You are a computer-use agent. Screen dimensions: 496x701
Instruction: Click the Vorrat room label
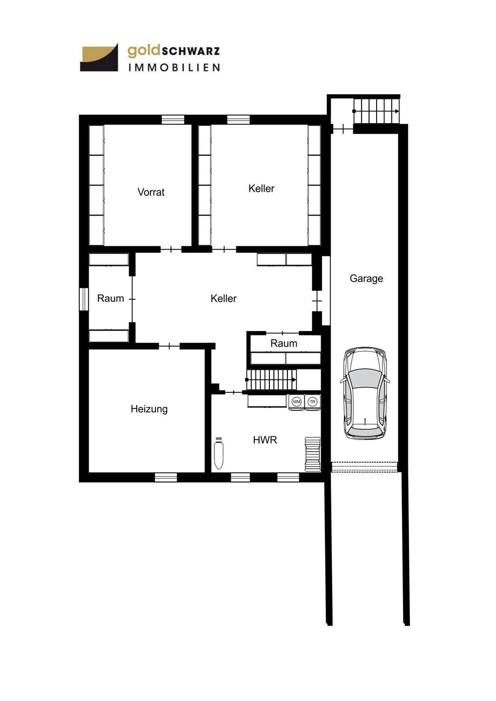coord(151,192)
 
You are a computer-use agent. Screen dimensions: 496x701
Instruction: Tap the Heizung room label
coord(149,409)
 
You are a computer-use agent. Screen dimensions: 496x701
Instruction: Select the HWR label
coord(265,440)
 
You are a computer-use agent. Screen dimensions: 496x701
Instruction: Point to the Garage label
coord(366,278)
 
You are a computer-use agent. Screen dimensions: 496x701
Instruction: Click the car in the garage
coord(365,393)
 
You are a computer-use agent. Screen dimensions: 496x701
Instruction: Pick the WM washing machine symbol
coord(296,402)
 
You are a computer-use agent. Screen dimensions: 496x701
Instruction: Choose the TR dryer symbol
coord(312,402)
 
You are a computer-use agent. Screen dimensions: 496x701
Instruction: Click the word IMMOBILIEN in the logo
coord(174,67)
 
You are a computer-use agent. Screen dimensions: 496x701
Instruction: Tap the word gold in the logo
coord(144,51)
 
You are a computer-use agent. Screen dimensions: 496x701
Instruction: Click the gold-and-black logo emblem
coord(99,57)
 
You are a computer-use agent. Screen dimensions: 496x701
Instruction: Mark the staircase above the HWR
coord(271,380)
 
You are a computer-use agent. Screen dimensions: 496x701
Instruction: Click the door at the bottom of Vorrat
coord(171,249)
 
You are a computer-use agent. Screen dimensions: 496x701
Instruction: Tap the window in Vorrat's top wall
coord(173,120)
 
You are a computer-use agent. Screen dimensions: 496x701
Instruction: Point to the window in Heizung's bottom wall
coord(166,477)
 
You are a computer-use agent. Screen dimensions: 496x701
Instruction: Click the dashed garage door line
coord(364,467)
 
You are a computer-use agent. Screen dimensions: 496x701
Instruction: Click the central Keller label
coord(223,298)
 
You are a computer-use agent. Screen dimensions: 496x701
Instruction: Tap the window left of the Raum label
coord(84,299)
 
